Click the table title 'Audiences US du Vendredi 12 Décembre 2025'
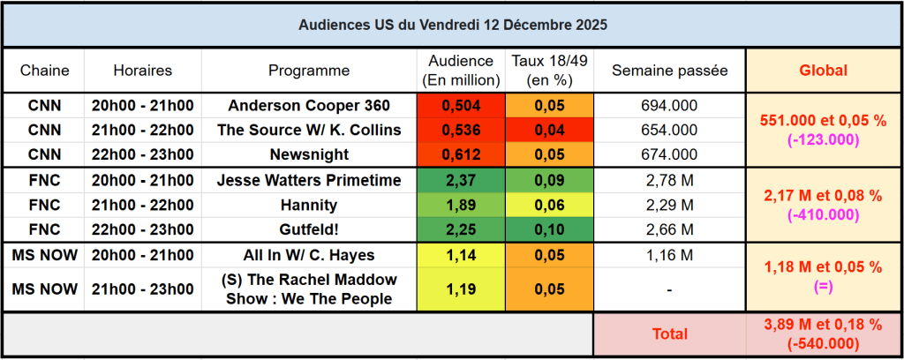452,25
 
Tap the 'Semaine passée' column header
669,71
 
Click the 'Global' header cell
823,71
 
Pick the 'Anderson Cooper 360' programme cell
309,106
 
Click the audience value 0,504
460,106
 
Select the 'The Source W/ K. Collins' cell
309,131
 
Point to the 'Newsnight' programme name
309,155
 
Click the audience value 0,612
460,155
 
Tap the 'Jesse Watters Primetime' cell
309,181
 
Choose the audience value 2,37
460,181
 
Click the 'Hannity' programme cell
309,206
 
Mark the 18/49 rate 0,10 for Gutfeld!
549,230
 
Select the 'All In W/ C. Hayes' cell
309,256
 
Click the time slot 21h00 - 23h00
142,289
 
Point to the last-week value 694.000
669,106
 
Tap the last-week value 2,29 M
669,206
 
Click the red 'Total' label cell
669,334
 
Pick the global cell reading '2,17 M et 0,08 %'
823,196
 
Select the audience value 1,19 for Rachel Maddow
460,289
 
